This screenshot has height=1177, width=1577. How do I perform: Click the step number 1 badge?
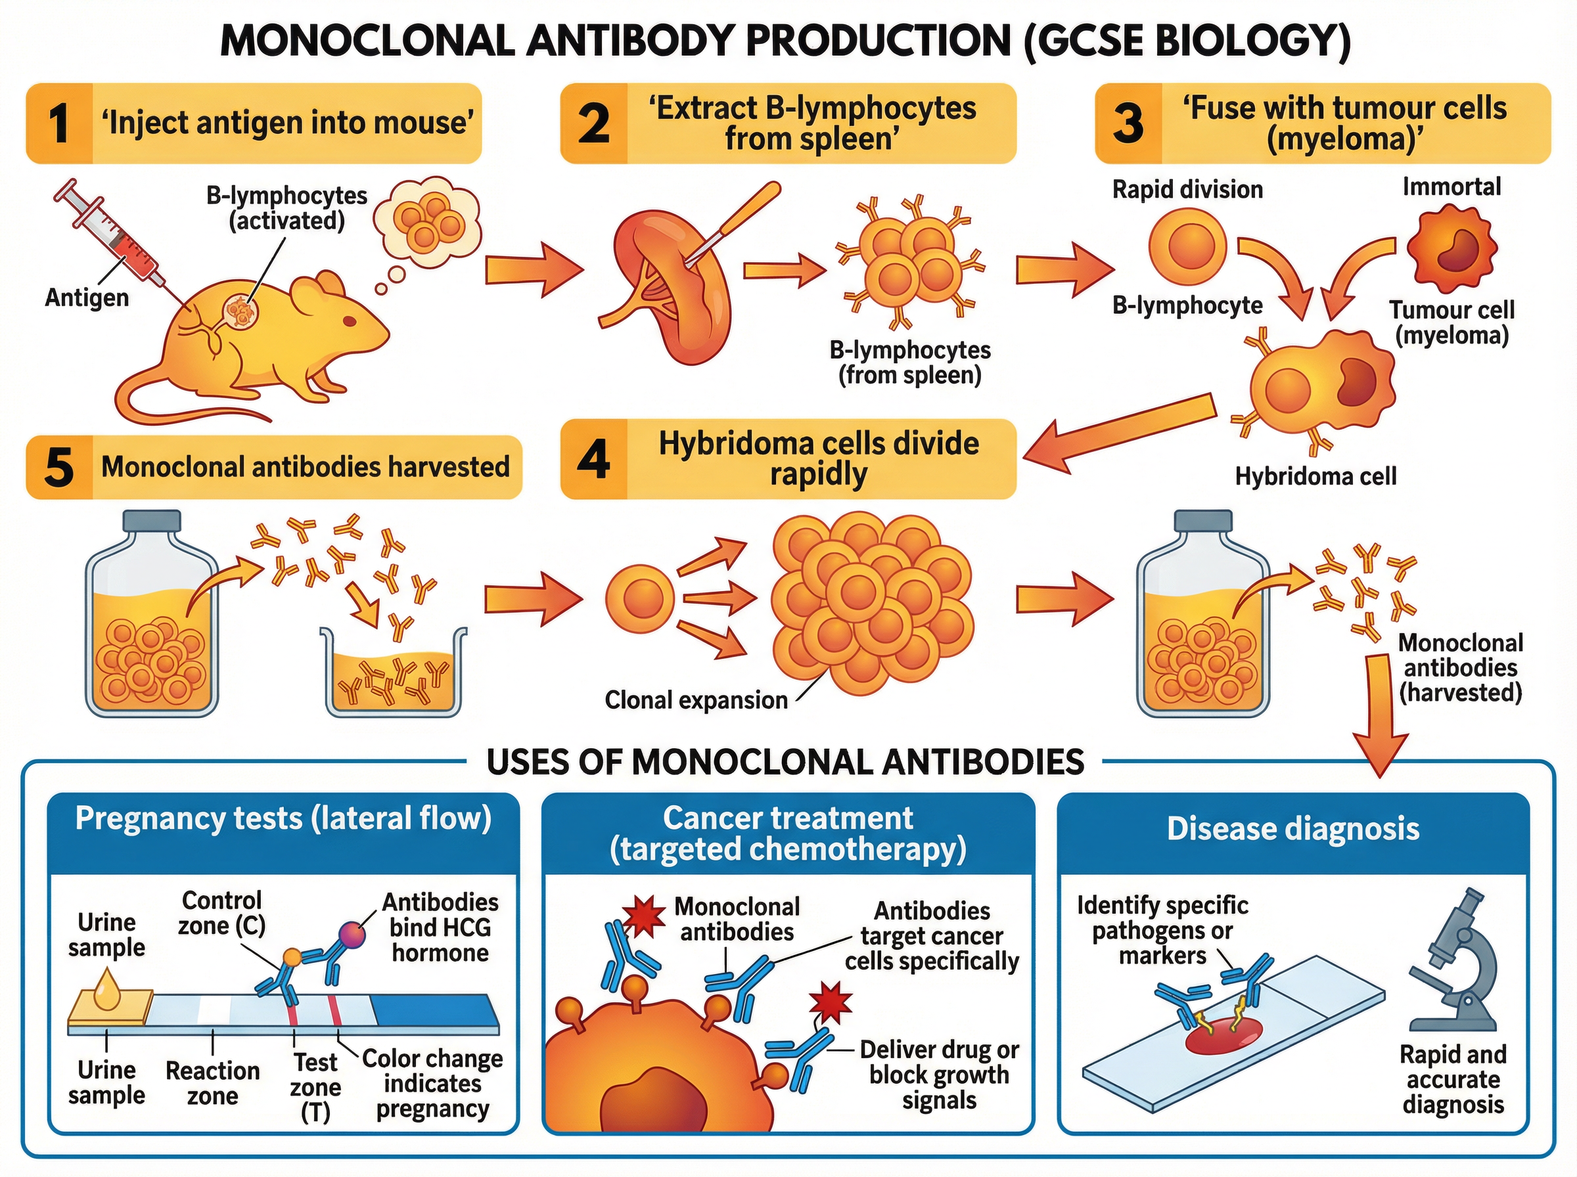coord(59,123)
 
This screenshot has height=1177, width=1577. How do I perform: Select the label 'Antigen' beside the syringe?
coord(87,297)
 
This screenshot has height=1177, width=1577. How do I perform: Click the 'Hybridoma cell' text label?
coord(1315,476)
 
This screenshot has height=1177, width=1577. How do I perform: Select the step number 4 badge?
coord(593,459)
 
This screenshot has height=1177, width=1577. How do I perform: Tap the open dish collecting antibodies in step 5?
coord(394,673)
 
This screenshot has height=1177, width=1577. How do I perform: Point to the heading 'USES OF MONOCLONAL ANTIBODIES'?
coord(785,762)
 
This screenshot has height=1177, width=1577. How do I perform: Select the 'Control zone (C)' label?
coord(221,913)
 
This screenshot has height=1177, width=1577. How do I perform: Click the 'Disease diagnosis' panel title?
coord(1292,829)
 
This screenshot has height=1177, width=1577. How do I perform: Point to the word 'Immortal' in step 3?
coord(1451,187)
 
